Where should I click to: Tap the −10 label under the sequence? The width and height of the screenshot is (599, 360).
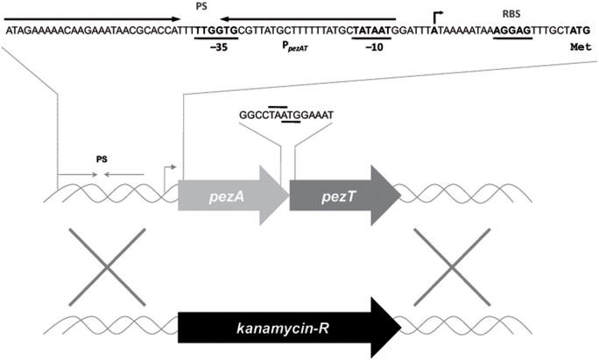tap(377, 50)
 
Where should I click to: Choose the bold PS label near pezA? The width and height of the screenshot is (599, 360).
tap(102, 160)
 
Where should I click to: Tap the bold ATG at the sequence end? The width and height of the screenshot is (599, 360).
tap(581, 30)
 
